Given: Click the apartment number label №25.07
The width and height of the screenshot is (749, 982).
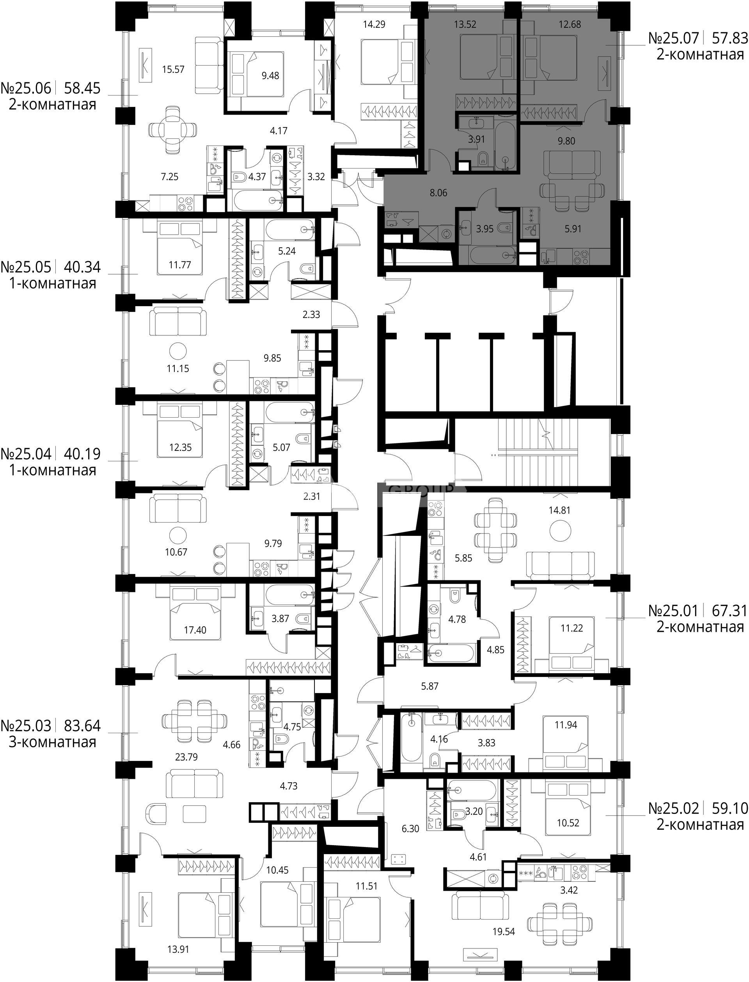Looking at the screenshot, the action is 674,39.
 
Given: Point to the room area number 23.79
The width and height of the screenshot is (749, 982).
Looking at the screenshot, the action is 186,757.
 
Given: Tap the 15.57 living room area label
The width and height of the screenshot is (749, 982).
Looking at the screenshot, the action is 174,69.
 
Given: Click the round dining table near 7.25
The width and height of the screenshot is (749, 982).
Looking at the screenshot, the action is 172,130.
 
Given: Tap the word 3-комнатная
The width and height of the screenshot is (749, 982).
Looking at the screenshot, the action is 53,742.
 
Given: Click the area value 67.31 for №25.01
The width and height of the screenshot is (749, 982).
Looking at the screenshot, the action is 730,610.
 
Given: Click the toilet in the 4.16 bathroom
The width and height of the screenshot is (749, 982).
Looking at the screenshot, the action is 436,761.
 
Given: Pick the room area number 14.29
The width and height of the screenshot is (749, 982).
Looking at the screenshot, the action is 374,24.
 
